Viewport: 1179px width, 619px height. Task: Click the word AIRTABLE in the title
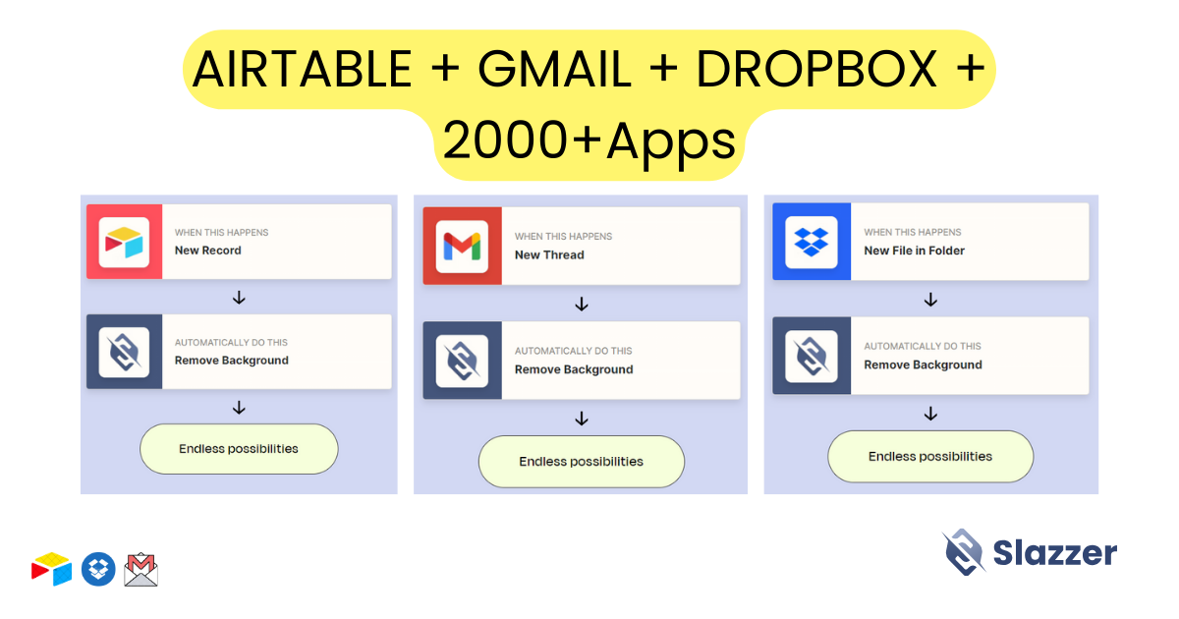pos(303,69)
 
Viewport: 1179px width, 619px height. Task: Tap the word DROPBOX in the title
pos(816,69)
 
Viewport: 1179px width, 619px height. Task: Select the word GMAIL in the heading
pos(554,69)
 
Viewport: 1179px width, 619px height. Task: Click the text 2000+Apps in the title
pos(589,141)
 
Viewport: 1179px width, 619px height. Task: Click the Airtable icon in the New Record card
pos(124,242)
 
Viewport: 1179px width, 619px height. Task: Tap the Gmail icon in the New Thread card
pos(462,247)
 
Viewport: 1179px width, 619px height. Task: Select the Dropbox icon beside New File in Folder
pos(812,242)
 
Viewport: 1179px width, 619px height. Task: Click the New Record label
pos(208,251)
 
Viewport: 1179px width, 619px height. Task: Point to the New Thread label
pos(549,254)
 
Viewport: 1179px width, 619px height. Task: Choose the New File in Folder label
pos(915,251)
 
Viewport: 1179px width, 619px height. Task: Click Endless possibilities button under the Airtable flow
pos(239,449)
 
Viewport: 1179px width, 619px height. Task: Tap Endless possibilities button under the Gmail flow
pos(582,462)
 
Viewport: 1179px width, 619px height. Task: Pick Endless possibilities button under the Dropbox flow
pos(930,456)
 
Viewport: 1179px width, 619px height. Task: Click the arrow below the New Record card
pos(239,298)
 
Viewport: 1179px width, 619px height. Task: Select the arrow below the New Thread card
pos(582,304)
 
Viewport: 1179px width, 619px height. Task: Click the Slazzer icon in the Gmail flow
pos(462,362)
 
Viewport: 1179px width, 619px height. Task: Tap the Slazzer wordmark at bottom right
pos(1055,553)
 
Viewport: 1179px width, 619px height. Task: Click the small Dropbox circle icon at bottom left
pos(98,569)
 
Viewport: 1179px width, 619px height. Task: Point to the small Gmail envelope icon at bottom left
pos(141,570)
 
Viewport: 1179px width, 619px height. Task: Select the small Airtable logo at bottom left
pos(51,569)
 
